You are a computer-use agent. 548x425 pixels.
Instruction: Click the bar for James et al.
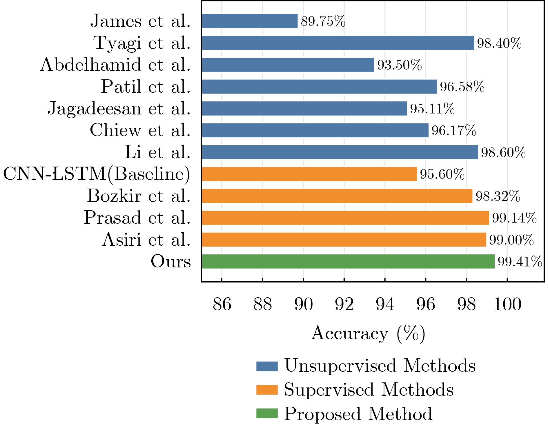[x=250, y=21]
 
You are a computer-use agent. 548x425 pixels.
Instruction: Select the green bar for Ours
[x=348, y=261]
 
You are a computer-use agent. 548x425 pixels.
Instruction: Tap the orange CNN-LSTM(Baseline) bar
[x=309, y=174]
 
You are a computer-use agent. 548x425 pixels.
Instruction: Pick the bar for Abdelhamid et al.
[x=288, y=65]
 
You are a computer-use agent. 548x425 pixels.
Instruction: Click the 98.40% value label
[x=499, y=43]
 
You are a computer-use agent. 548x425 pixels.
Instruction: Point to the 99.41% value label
[x=520, y=262]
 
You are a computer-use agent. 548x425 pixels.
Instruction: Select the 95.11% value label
[x=432, y=109]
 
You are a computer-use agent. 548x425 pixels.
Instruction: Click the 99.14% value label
[x=514, y=218]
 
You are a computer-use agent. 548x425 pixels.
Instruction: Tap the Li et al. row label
[x=157, y=152]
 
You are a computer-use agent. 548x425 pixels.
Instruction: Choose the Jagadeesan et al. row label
[x=119, y=109]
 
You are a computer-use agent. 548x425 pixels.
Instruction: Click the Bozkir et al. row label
[x=139, y=196]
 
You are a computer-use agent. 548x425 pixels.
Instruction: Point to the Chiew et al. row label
[x=140, y=130]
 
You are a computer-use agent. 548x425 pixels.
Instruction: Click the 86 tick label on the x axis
[x=222, y=304]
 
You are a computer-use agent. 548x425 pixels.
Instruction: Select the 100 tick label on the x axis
[x=507, y=304]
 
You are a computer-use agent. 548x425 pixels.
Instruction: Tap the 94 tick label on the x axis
[x=385, y=304]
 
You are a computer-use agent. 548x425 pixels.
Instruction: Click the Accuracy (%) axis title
[x=368, y=334]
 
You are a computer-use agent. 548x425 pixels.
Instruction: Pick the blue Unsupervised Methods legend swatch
[x=267, y=366]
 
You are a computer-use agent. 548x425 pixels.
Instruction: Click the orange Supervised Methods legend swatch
[x=267, y=390]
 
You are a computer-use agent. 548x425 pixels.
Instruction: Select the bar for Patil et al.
[x=319, y=87]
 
